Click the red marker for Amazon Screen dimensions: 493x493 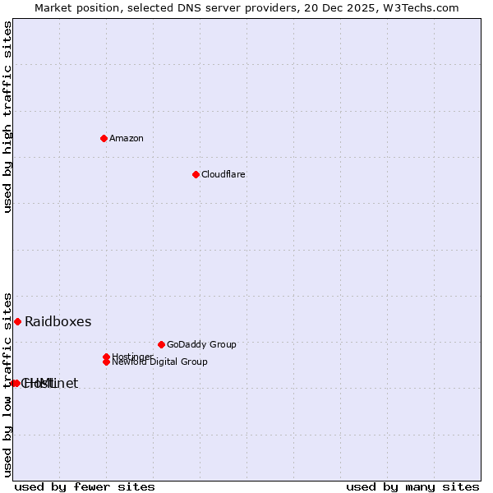(104, 138)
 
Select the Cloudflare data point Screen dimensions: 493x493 (196, 174)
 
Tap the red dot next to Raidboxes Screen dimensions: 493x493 (17, 321)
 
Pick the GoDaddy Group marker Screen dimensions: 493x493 (161, 344)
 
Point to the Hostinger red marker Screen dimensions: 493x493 (106, 357)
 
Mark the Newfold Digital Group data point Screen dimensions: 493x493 (107, 362)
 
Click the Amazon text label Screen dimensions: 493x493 (126, 138)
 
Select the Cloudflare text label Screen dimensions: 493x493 (223, 174)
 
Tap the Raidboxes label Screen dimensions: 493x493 (58, 321)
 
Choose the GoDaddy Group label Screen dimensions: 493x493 (201, 344)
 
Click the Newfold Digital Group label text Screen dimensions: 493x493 (159, 362)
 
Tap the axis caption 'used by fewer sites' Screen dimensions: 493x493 (85, 486)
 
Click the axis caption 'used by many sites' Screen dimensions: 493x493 (412, 486)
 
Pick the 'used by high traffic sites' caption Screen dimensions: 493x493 (7, 117)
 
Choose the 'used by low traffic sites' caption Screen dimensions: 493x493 (7, 384)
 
